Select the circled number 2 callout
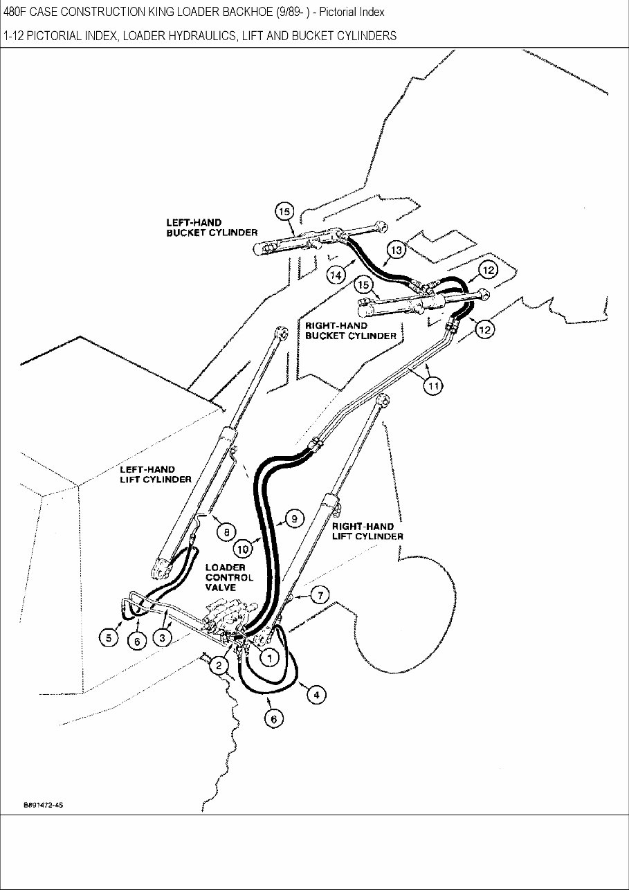(219, 666)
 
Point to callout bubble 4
(316, 695)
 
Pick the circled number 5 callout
(109, 637)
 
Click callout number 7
(320, 595)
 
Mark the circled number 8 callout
(226, 532)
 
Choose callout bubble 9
(293, 518)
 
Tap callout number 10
(242, 550)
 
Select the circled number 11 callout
(433, 386)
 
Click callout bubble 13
(395, 249)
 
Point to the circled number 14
(336, 275)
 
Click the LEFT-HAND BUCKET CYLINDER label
(211, 228)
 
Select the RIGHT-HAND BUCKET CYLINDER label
(351, 330)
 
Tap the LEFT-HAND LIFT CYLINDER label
(156, 474)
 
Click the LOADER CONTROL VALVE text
(229, 577)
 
